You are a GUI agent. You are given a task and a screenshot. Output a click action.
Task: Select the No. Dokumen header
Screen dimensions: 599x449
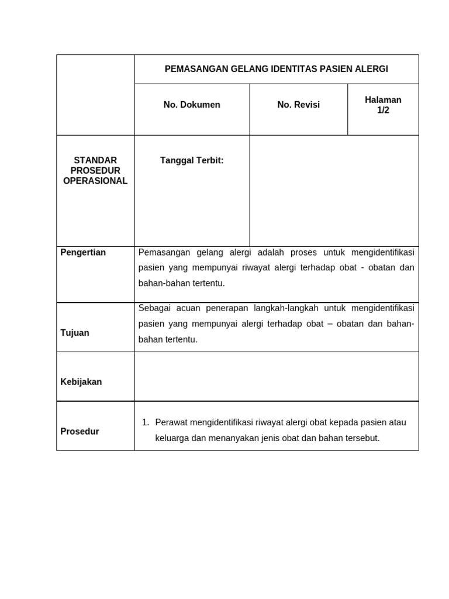[x=192, y=105]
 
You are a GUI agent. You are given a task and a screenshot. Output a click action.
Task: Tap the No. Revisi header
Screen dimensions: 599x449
[x=298, y=105]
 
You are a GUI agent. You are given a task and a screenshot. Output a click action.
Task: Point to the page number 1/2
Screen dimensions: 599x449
[x=383, y=110]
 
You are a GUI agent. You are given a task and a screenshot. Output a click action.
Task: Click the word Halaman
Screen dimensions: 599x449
[x=383, y=99]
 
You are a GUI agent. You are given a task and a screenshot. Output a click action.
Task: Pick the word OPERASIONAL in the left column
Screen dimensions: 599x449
[x=95, y=181]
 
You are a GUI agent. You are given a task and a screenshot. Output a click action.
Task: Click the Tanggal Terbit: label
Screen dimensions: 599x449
[x=192, y=160]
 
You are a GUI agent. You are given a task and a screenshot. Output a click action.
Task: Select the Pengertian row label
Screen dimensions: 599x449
[x=83, y=252]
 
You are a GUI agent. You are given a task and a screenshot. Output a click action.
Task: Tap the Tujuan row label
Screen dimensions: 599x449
[x=75, y=333]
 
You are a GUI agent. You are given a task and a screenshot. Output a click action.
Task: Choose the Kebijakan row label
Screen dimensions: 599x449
[x=81, y=382]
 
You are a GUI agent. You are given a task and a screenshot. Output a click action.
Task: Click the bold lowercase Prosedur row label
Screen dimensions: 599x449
[x=80, y=432]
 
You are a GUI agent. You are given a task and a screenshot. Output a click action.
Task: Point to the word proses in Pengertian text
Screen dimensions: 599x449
[x=303, y=252]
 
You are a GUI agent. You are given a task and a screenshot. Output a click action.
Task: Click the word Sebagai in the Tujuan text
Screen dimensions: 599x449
[x=153, y=308]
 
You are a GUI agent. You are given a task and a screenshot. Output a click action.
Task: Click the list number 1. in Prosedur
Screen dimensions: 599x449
[x=146, y=422]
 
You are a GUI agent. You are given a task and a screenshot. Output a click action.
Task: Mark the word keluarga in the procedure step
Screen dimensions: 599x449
[x=172, y=438]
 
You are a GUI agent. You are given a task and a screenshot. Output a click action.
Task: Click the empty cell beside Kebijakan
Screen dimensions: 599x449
[x=277, y=377]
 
